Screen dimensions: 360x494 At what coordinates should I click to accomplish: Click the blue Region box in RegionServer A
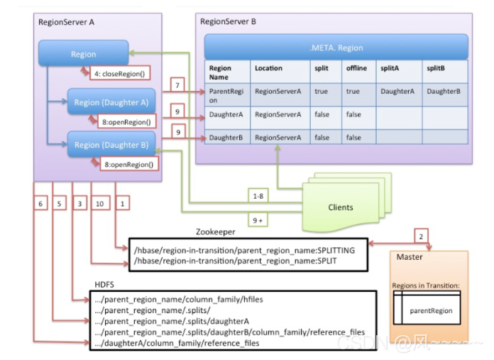(83, 54)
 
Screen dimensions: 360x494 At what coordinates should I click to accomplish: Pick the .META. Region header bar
(336, 48)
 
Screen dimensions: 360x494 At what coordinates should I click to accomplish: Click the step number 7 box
(177, 85)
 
